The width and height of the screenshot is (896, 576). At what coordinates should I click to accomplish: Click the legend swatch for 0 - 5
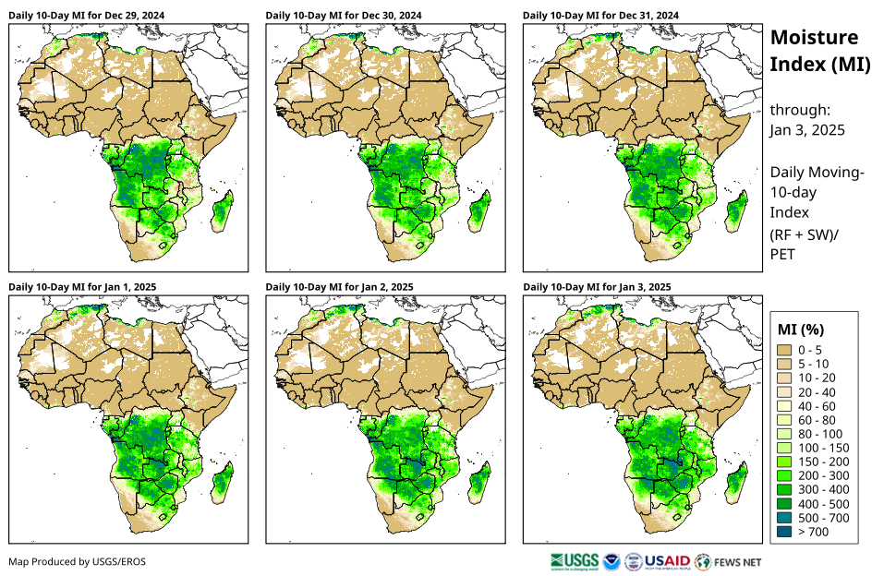785,350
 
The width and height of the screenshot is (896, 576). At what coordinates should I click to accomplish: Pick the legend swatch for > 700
785,532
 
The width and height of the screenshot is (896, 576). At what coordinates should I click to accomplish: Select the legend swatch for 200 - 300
785,475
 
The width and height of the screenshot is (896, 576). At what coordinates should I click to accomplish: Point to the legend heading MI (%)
800,329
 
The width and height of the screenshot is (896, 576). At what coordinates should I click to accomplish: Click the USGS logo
573,561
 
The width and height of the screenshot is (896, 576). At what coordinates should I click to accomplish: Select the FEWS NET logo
729,561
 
